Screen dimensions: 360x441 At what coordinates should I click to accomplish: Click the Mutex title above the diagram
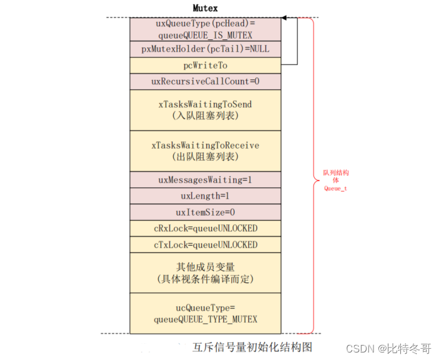click(x=205, y=9)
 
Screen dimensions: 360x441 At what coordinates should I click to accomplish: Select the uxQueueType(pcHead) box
click(x=205, y=29)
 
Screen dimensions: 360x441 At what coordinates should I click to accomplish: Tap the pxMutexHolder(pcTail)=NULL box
click(x=205, y=49)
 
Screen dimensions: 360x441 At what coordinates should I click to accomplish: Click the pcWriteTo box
click(x=205, y=66)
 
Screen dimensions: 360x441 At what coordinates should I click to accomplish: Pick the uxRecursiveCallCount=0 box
click(x=205, y=82)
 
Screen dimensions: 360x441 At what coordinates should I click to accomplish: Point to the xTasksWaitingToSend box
click(x=205, y=110)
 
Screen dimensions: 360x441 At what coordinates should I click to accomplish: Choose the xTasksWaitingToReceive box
click(x=205, y=151)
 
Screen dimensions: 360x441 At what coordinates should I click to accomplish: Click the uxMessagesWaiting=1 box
click(x=205, y=179)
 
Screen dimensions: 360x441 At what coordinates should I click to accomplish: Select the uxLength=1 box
click(x=205, y=196)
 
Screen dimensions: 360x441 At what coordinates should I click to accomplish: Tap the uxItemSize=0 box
click(x=205, y=212)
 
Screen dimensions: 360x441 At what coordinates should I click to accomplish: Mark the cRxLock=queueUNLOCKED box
click(x=205, y=228)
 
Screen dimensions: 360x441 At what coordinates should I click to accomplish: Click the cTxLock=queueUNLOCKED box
click(x=205, y=244)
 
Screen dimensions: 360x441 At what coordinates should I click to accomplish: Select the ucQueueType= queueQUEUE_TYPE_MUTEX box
click(x=205, y=313)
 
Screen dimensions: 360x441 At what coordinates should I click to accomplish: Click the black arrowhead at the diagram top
click(x=285, y=18)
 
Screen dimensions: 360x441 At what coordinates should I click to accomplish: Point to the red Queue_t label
click(x=335, y=188)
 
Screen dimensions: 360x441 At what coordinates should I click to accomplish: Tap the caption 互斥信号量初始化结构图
click(x=252, y=347)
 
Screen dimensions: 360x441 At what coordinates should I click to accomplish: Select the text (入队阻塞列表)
click(x=205, y=116)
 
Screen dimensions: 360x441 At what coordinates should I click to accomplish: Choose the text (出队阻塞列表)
click(x=205, y=156)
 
